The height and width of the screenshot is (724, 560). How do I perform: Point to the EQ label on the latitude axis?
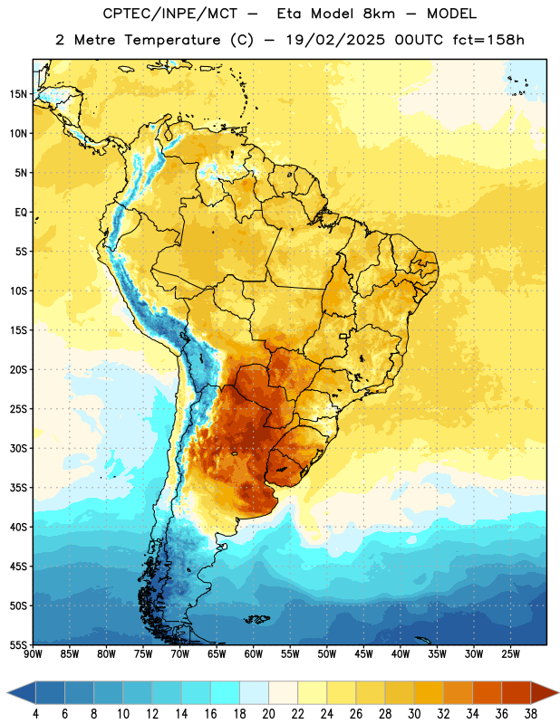(21, 213)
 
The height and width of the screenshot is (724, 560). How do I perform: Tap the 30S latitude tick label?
(19, 448)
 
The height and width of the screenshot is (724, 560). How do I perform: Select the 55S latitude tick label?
(19, 645)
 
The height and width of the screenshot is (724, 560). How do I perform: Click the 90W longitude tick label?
(33, 654)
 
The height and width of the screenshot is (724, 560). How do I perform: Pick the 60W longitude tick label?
(254, 654)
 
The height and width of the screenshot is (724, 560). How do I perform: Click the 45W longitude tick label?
(363, 654)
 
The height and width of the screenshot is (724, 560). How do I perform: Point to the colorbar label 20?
(268, 714)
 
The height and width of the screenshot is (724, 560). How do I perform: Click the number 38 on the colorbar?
(531, 714)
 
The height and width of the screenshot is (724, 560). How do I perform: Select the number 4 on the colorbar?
(35, 714)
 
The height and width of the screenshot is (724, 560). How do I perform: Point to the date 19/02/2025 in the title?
(335, 40)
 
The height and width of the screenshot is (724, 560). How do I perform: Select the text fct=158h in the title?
(488, 40)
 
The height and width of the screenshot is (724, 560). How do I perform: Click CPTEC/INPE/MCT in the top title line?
(169, 14)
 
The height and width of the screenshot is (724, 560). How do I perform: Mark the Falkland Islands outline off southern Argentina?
(257, 619)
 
